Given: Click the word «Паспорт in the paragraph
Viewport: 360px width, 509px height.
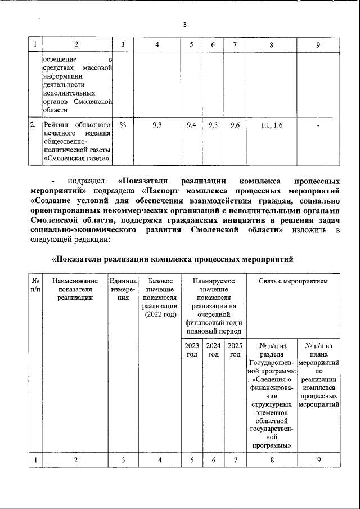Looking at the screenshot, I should [164, 191].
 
